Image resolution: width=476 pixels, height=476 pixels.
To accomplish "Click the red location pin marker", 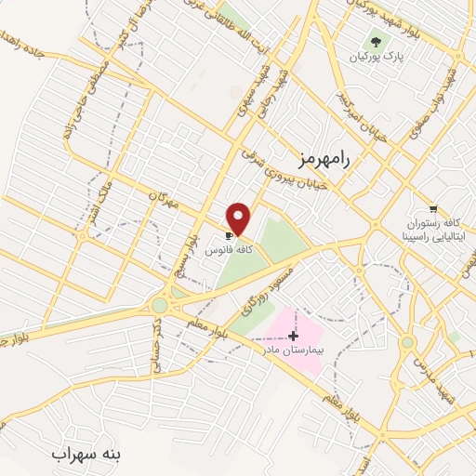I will pos(240,218).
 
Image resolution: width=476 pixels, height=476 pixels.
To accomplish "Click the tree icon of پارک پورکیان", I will pos(376,40).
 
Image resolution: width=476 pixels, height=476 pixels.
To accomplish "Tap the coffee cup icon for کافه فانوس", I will pos(229,236).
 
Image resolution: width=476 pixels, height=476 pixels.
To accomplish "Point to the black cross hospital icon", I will pos(294,334).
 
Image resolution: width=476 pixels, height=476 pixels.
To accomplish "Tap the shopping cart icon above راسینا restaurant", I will pos(432,208).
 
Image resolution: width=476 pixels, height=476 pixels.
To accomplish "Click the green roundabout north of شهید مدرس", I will pos(407,342).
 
